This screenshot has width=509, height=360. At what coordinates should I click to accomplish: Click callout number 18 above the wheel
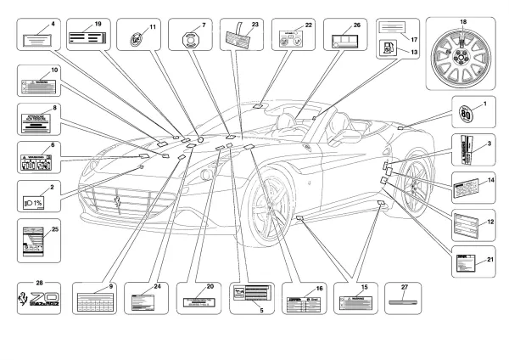463,20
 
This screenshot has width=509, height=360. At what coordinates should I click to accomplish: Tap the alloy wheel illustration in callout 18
462,53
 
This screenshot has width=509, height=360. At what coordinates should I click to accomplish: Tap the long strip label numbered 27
403,299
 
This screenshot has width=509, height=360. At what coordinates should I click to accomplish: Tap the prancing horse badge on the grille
119,204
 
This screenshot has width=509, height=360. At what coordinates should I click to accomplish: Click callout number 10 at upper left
54,70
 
